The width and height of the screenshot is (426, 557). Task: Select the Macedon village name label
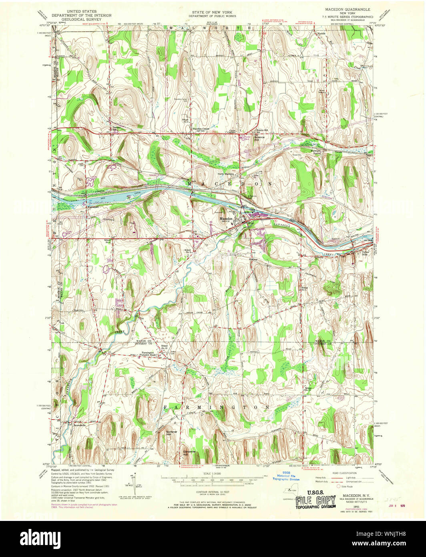pyautogui.click(x=226, y=218)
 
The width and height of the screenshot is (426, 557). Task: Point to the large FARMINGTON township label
pyautogui.click(x=216, y=407)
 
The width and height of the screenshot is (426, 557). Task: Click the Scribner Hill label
pyautogui.click(x=172, y=433)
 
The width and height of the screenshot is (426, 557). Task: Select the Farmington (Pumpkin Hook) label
pyautogui.click(x=151, y=354)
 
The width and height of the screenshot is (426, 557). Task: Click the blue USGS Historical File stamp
pyautogui.click(x=286, y=476)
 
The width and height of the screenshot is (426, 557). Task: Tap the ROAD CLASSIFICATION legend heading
pyautogui.click(x=343, y=473)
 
